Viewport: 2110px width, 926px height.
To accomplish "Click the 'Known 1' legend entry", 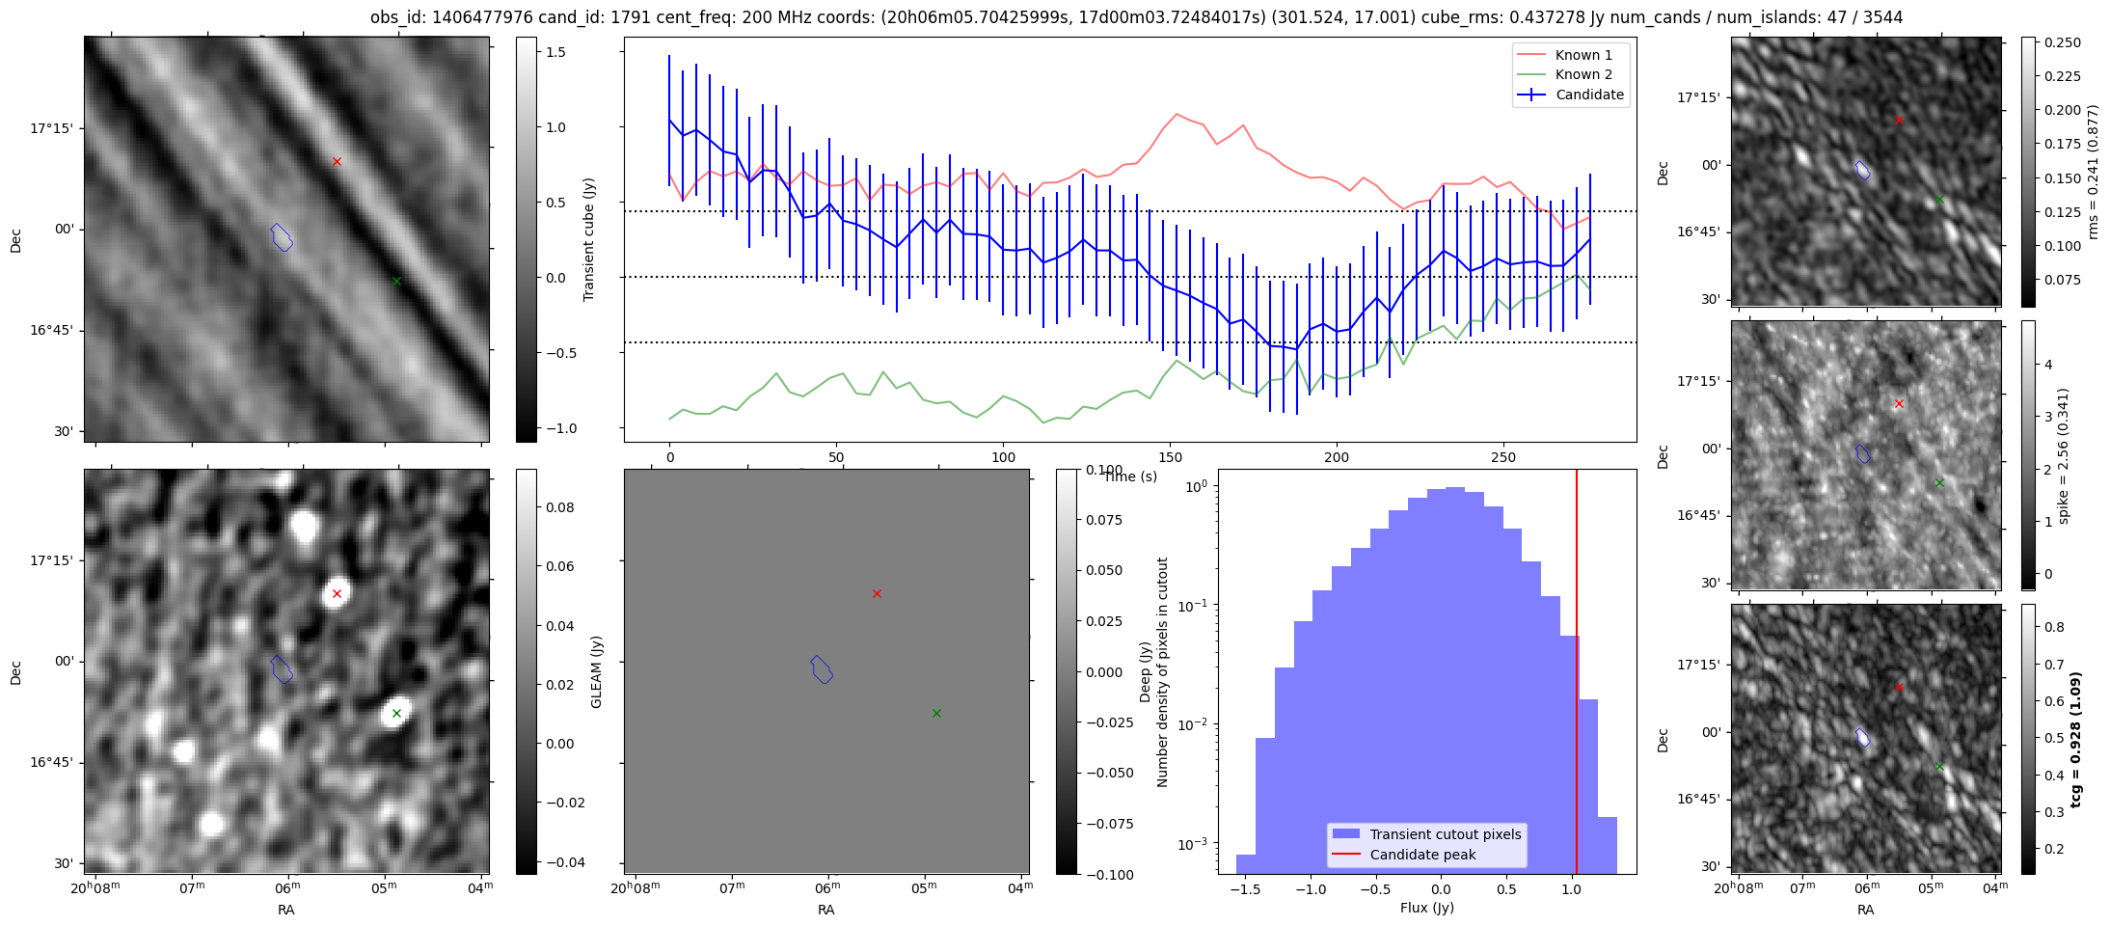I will coord(1583,55).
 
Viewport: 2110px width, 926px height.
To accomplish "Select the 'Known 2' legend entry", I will coord(1583,74).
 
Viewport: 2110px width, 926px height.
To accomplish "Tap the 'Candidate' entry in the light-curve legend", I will coord(1589,95).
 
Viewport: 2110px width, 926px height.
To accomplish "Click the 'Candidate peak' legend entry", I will coord(1422,855).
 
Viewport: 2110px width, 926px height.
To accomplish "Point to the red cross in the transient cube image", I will coord(337,161).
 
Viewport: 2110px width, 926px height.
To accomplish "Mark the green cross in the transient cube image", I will coord(396,281).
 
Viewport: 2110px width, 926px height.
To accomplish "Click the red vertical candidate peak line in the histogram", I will coord(1577,675).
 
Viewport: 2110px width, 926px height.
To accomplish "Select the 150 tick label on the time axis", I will coord(1170,457).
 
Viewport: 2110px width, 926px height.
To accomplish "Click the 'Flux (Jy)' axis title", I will coord(1426,908).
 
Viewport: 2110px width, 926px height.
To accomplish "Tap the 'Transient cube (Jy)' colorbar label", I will coord(589,239).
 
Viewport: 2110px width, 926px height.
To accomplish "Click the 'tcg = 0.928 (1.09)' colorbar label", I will coord(2075,739).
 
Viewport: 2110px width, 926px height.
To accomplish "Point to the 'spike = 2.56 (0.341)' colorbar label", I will coord(2064,455).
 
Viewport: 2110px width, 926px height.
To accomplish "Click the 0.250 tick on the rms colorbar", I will coord(2061,42).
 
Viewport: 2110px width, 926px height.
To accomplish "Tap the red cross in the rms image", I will coord(1899,120).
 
